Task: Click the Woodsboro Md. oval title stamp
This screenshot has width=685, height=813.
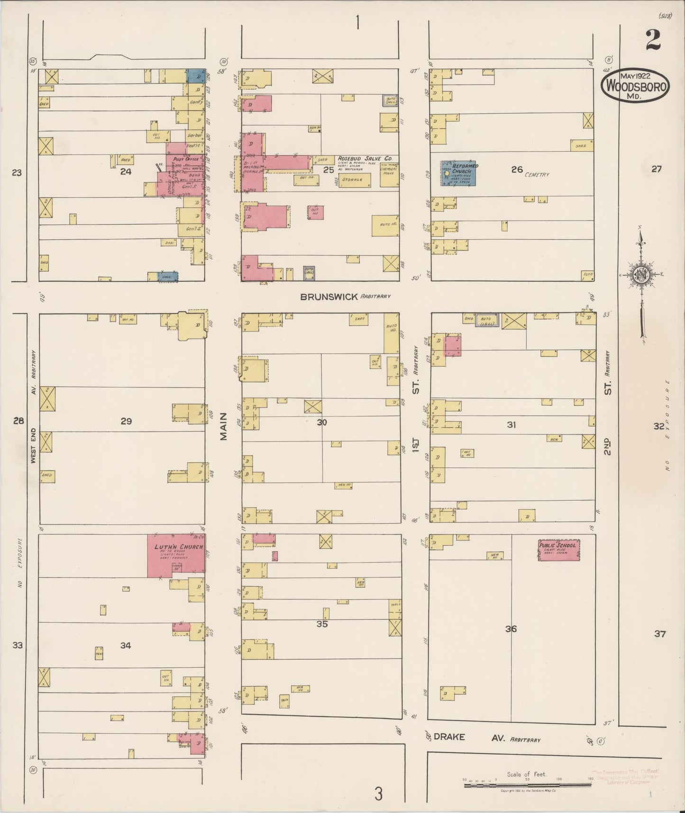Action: [x=635, y=86]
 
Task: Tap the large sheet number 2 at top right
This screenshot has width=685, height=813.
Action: [x=653, y=40]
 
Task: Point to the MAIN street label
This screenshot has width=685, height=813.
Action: [x=224, y=426]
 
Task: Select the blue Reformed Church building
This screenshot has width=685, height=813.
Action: [x=459, y=173]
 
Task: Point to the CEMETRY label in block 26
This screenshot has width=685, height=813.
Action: [x=537, y=175]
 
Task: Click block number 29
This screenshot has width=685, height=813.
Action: [x=126, y=421]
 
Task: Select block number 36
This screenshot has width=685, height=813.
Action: [x=511, y=629]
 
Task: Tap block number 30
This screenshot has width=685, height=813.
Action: [x=322, y=422]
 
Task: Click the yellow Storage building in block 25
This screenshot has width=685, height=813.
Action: [x=355, y=180]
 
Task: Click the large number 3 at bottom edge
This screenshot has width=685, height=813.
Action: [x=378, y=794]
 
